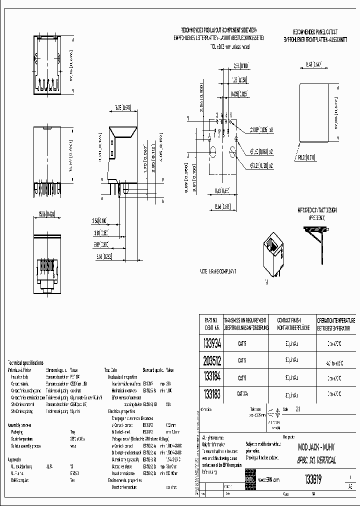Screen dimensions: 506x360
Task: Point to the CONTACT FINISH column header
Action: tap(289, 323)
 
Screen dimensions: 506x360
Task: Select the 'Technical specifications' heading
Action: tap(25, 362)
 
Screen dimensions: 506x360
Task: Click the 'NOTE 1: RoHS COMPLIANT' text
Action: tap(218, 271)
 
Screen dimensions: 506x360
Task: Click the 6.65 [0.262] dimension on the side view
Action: tap(103, 256)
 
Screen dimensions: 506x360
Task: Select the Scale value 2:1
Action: tap(299, 409)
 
